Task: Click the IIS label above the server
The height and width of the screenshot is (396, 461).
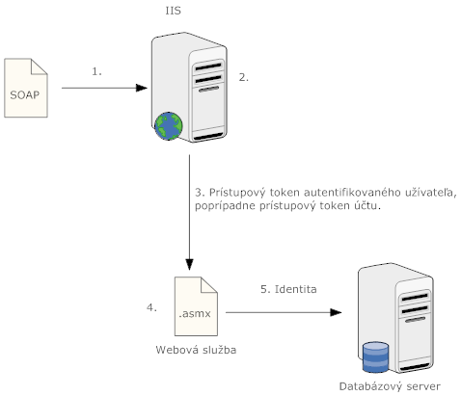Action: point(174,11)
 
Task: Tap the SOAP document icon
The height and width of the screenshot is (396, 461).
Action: point(26,88)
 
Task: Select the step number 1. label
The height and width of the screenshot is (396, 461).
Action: point(96,71)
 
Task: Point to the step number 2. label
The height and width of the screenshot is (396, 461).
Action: point(244,77)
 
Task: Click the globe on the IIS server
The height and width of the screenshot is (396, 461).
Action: point(169,126)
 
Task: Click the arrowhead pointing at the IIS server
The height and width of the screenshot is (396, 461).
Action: point(142,88)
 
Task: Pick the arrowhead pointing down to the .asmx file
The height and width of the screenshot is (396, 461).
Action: point(189,265)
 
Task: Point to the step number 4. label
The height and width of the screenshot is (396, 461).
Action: point(151,307)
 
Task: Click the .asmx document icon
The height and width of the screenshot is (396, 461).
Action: point(196,306)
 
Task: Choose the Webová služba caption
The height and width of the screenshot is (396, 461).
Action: point(196,350)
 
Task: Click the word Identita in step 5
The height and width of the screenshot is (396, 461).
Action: point(296,289)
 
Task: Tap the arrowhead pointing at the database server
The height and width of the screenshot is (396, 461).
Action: point(336,312)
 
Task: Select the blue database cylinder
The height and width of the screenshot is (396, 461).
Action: point(375,357)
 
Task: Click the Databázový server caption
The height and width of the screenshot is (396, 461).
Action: point(390,386)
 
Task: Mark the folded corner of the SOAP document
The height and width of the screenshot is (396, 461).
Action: point(39,66)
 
